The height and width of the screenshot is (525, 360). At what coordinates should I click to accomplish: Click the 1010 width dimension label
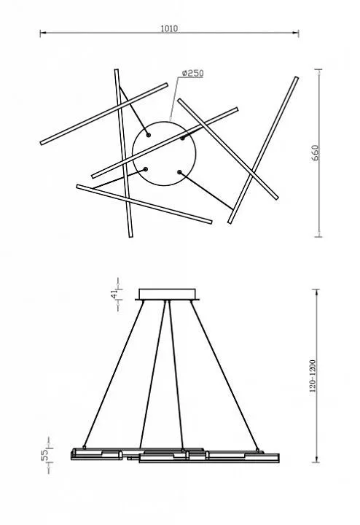[x=169, y=28]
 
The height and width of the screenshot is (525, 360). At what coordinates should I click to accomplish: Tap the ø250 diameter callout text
[x=192, y=74]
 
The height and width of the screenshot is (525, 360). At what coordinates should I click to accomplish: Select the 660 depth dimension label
[x=315, y=153]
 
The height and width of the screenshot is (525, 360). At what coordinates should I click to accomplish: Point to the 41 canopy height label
[x=114, y=294]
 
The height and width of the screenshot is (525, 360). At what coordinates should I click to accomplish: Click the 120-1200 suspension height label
[x=313, y=376]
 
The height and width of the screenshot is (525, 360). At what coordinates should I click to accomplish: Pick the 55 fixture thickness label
[x=44, y=455]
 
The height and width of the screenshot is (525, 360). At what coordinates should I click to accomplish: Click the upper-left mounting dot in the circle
[x=148, y=135]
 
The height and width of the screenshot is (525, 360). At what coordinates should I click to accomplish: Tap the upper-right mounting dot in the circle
[x=182, y=138]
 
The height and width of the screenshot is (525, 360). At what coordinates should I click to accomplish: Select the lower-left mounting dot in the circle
[x=145, y=169]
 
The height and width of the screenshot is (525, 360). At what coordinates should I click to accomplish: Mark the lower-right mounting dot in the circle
[x=179, y=172]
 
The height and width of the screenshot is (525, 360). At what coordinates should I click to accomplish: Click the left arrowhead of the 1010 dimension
[x=42, y=33]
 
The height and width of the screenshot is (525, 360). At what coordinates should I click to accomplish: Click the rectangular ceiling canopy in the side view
[x=167, y=295]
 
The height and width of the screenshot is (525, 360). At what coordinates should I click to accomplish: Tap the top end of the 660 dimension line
[x=319, y=69]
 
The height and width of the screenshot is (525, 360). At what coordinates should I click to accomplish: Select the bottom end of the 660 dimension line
[x=319, y=237]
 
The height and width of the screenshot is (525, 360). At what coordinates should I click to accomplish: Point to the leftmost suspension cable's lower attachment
[x=85, y=447]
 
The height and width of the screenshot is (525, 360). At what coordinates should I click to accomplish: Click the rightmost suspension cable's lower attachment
[x=257, y=450]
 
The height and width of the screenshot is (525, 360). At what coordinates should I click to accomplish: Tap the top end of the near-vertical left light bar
[x=117, y=70]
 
